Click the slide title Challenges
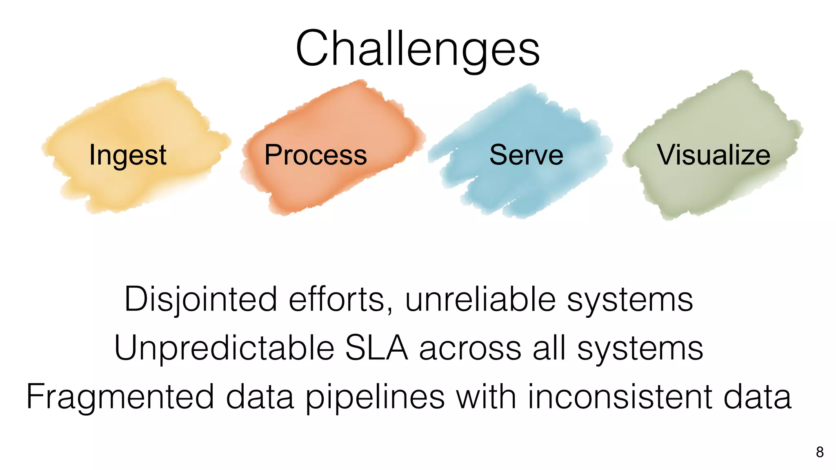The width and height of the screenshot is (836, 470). pos(418,49)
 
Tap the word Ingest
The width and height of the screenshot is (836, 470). pos(128,155)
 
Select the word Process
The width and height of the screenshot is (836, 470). pos(316,155)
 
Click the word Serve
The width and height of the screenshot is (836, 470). pos(526,155)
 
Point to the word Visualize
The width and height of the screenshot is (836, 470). pos(713,155)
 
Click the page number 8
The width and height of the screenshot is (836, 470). pos(820,452)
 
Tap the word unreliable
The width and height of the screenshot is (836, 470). pos(480,299)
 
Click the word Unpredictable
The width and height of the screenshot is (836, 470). pos(224,348)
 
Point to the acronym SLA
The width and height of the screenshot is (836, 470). pos(376,348)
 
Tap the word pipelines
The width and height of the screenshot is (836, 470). pos(375,397)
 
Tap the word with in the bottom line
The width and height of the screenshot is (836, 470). pos(486,397)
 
